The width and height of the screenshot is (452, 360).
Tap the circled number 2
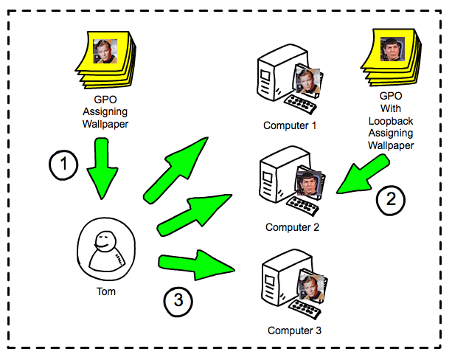click(391, 198)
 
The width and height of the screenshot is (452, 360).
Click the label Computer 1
click(290, 125)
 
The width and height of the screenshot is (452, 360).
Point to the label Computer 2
click(292, 227)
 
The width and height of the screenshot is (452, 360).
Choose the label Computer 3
click(294, 330)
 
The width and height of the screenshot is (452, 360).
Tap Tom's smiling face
click(105, 240)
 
